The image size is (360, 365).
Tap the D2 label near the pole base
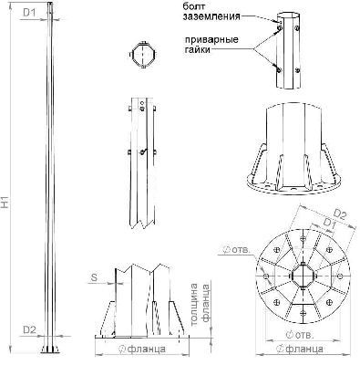[x=28, y=328]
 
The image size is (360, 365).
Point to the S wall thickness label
[x=94, y=276]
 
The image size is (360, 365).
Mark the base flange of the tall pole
[x=46, y=351]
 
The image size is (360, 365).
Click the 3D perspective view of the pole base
[x=290, y=155]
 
